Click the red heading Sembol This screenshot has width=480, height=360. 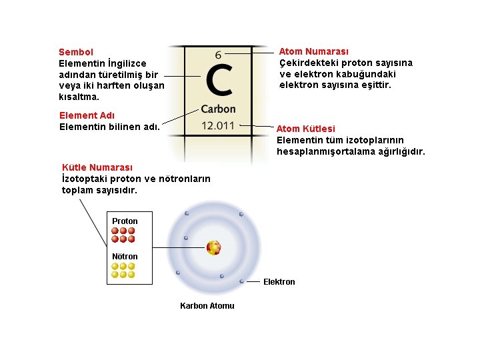point(76,52)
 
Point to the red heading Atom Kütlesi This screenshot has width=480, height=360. point(305,129)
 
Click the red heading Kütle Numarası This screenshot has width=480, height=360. point(97,167)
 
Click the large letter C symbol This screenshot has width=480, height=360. point(219,80)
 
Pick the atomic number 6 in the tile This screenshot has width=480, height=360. point(219,55)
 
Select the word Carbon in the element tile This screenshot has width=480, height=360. point(218,109)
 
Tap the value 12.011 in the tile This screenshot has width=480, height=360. point(218,125)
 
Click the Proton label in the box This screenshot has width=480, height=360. point(125,221)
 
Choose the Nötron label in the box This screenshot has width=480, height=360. point(125,257)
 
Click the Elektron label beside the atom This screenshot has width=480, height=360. point(279,282)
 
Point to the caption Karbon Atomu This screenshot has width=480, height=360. point(207,306)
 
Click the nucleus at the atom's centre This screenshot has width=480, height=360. point(213,248)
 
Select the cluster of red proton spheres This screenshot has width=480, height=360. point(123,235)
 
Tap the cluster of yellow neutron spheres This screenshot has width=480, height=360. point(123,270)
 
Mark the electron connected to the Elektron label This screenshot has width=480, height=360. point(241,281)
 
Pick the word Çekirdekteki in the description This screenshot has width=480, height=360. point(308,63)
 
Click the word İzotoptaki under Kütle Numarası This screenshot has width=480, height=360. point(84,179)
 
